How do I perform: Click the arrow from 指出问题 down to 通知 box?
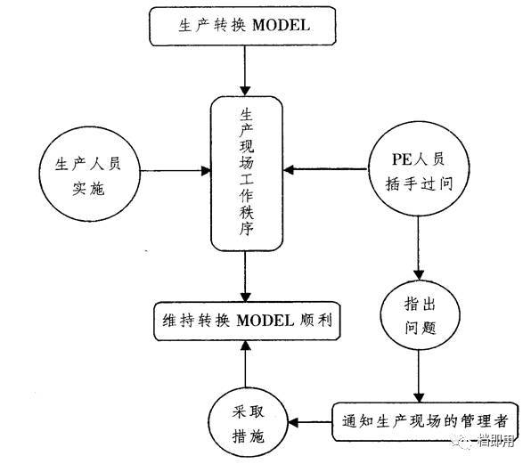pos(416,373)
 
